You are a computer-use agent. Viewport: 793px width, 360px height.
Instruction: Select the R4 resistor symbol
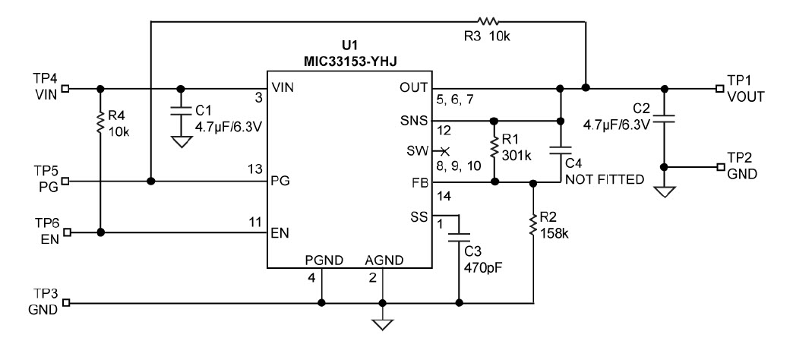[x=100, y=122]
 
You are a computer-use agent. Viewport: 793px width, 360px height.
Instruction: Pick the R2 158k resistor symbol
[x=534, y=224]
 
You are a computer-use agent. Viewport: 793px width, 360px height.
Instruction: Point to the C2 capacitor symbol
[x=665, y=118]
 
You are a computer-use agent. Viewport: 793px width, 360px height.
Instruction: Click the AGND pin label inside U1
[x=383, y=259]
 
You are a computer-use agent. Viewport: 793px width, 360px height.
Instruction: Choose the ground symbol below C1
[x=180, y=141]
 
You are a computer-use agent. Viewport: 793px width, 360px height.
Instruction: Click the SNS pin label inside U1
[x=415, y=121]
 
